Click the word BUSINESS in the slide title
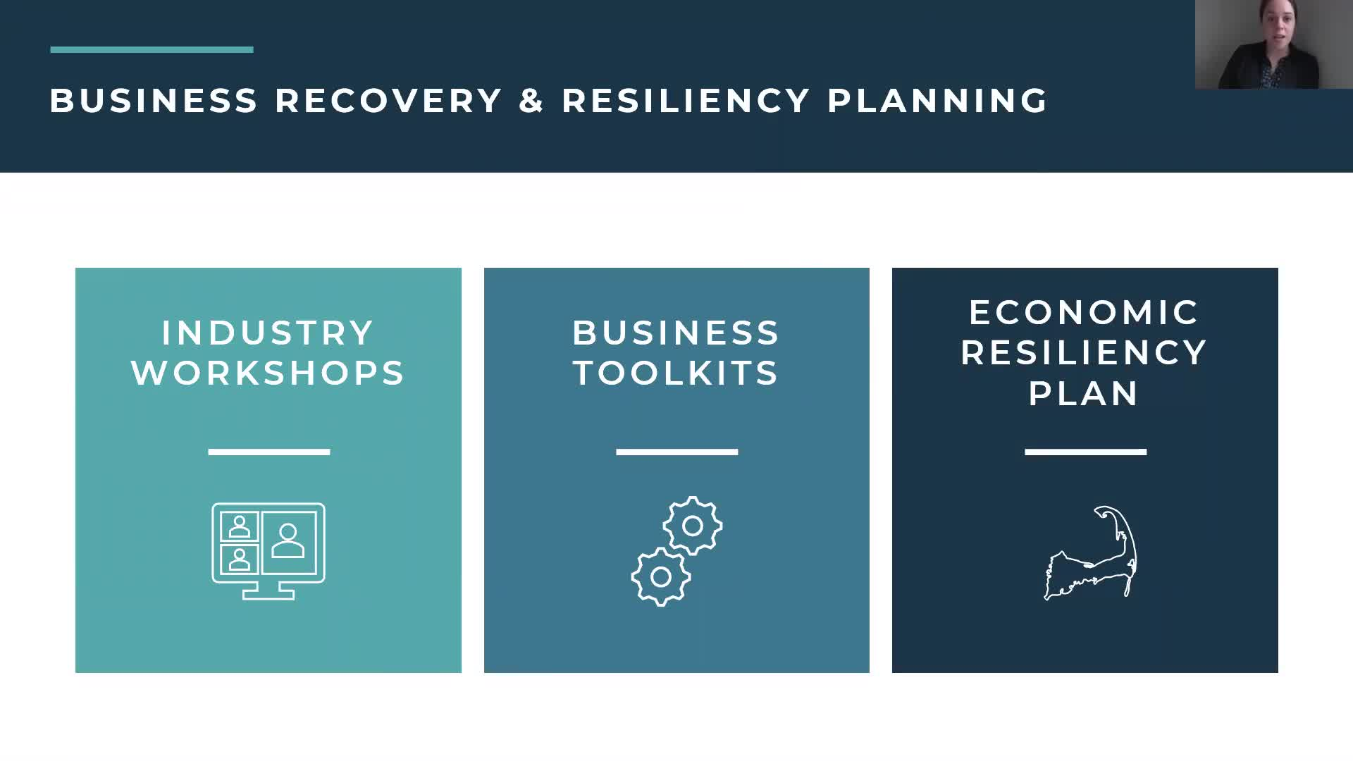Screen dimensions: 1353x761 (x=154, y=101)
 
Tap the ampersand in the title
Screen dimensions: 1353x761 (x=531, y=101)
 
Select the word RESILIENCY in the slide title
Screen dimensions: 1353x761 (x=686, y=101)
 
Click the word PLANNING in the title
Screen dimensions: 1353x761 (x=937, y=101)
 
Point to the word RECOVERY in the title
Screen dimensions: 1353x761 (x=388, y=101)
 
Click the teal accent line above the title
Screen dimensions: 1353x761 (x=152, y=49)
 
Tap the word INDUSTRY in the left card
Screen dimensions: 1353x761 (x=268, y=333)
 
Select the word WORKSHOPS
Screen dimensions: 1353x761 (x=268, y=373)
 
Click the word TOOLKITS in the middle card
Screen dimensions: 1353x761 (x=676, y=373)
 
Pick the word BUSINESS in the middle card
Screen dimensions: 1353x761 (x=676, y=333)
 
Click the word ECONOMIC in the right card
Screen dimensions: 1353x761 (x=1085, y=313)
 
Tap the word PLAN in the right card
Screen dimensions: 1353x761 (x=1085, y=393)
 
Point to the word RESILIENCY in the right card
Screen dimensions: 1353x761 (x=1085, y=352)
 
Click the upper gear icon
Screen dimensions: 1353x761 (x=693, y=526)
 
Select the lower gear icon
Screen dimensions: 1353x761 (x=661, y=577)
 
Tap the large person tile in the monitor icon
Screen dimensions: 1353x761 (x=288, y=541)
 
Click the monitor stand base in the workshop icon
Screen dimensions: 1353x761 (x=268, y=595)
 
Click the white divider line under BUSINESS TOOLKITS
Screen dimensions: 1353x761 (x=676, y=452)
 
